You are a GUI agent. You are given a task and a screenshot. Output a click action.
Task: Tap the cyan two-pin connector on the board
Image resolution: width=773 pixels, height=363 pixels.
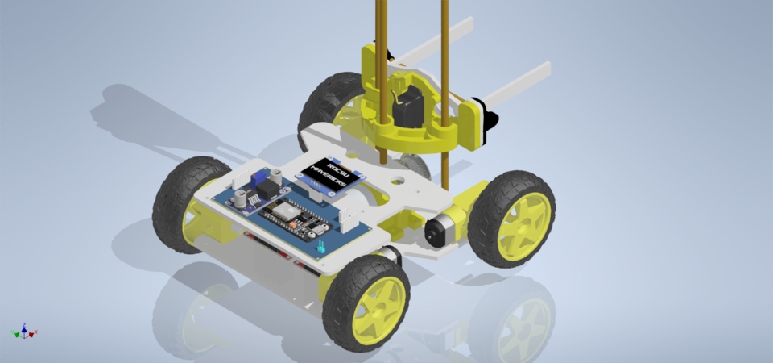pos(320,245)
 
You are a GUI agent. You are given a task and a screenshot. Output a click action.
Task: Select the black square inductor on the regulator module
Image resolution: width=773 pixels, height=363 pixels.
pos(252,194)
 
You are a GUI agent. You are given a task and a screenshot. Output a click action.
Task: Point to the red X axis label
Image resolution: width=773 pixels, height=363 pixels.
pos(36,332)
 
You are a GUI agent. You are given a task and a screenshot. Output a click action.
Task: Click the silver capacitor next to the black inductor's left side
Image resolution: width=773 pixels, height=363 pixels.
pos(239,197)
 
